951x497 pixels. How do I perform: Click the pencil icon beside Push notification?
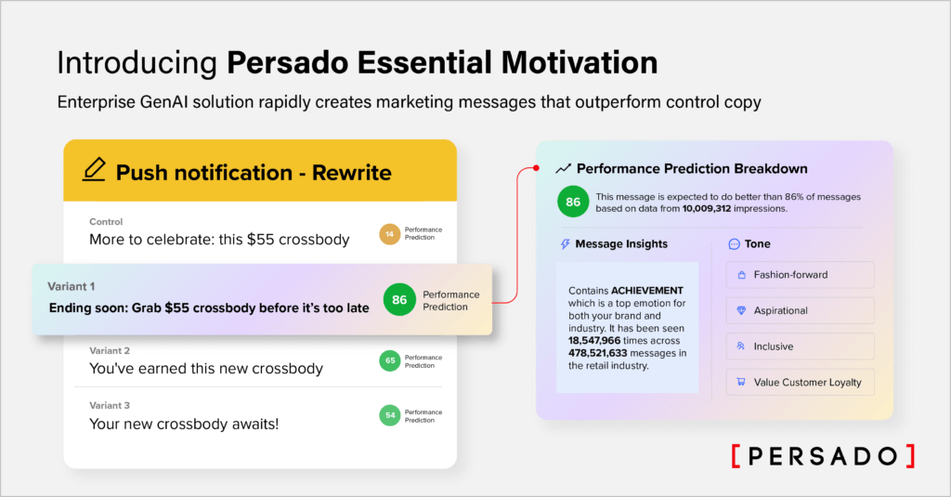point(93,171)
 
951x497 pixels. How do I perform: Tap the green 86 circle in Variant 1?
point(399,300)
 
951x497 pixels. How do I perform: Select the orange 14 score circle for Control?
point(390,235)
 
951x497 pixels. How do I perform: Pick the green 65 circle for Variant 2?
point(390,360)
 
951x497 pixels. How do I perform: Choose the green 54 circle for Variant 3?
point(390,415)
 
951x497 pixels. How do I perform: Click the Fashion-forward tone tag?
point(800,275)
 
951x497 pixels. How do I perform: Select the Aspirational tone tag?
point(800,310)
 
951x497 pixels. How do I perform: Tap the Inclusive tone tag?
point(800,347)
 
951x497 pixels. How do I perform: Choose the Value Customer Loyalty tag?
point(800,382)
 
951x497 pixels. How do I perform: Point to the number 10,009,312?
point(721,208)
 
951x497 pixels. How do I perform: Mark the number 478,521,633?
point(603,352)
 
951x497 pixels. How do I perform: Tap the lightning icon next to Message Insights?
point(565,244)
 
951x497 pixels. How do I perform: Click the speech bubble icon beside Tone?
point(735,244)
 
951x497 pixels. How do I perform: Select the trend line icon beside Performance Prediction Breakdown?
point(563,169)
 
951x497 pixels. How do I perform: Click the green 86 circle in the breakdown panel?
point(572,203)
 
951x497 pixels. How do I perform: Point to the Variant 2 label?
point(110,350)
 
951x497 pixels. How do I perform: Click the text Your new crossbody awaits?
point(184,424)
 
